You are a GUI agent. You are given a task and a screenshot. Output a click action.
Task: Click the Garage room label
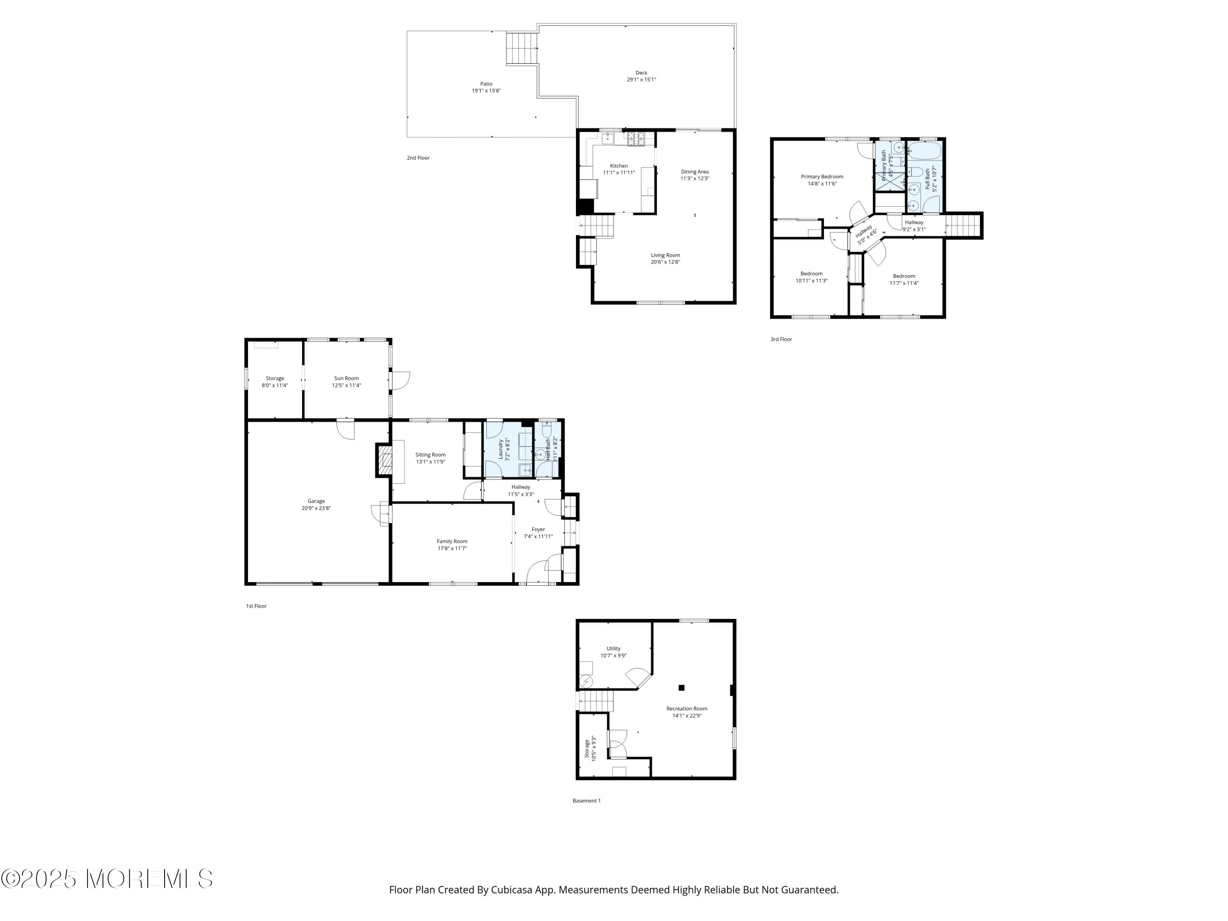tap(316, 501)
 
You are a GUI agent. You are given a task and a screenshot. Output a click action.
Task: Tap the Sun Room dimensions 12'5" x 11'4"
tap(346, 385)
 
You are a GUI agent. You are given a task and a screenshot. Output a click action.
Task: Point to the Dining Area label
tap(695, 172)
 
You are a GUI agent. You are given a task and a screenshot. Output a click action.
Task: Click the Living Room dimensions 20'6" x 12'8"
tap(665, 262)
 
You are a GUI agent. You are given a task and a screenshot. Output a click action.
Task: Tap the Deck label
tap(641, 73)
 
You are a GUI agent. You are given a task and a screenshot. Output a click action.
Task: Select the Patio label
tap(486, 84)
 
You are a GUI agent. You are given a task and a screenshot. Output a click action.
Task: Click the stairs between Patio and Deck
tap(522, 48)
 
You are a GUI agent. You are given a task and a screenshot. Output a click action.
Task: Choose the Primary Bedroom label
tap(822, 176)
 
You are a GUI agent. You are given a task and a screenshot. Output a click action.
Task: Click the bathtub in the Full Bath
tap(924, 151)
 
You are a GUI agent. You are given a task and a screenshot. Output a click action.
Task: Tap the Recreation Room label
tap(687, 709)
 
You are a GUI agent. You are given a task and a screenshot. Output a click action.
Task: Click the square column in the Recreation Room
tap(681, 687)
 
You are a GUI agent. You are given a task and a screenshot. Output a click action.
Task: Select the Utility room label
tap(613, 648)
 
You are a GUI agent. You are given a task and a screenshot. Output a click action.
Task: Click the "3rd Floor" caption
tap(781, 339)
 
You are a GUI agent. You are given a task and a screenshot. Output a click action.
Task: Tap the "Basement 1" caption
tap(586, 801)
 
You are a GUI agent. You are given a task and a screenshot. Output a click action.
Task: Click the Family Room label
tap(452, 541)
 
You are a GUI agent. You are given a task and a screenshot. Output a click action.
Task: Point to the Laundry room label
tap(500, 449)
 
